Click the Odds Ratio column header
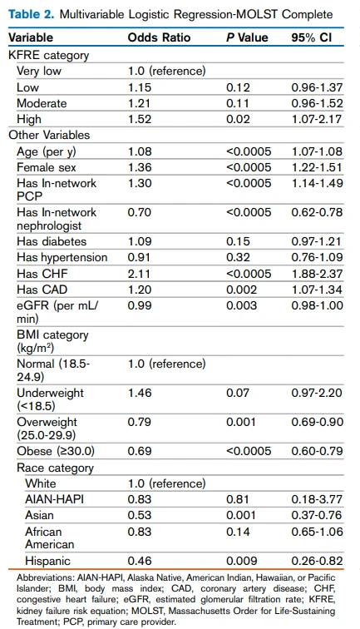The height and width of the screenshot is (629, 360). (x=159, y=37)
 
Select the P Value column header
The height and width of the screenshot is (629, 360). (x=247, y=37)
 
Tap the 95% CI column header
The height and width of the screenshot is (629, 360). (x=312, y=37)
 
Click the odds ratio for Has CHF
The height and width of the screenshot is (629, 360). (x=139, y=274)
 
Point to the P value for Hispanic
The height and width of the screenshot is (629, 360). (x=242, y=561)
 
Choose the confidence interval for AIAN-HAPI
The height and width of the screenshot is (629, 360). (x=317, y=499)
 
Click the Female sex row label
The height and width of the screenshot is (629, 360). (x=46, y=167)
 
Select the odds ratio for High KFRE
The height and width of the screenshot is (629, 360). (x=139, y=119)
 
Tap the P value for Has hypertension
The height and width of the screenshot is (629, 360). (x=238, y=258)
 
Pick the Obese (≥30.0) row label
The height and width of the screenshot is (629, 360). (x=56, y=451)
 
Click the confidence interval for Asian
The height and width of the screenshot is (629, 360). (x=317, y=515)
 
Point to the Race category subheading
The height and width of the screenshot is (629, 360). (x=55, y=468)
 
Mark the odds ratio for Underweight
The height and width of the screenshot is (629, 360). (x=139, y=393)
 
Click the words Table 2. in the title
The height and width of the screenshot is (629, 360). (x=31, y=14)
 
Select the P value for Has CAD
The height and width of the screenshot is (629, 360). (x=241, y=290)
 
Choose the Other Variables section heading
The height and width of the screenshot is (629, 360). (x=49, y=135)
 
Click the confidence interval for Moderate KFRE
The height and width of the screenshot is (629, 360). (x=317, y=103)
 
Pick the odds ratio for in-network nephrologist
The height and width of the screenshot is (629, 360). (x=139, y=212)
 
